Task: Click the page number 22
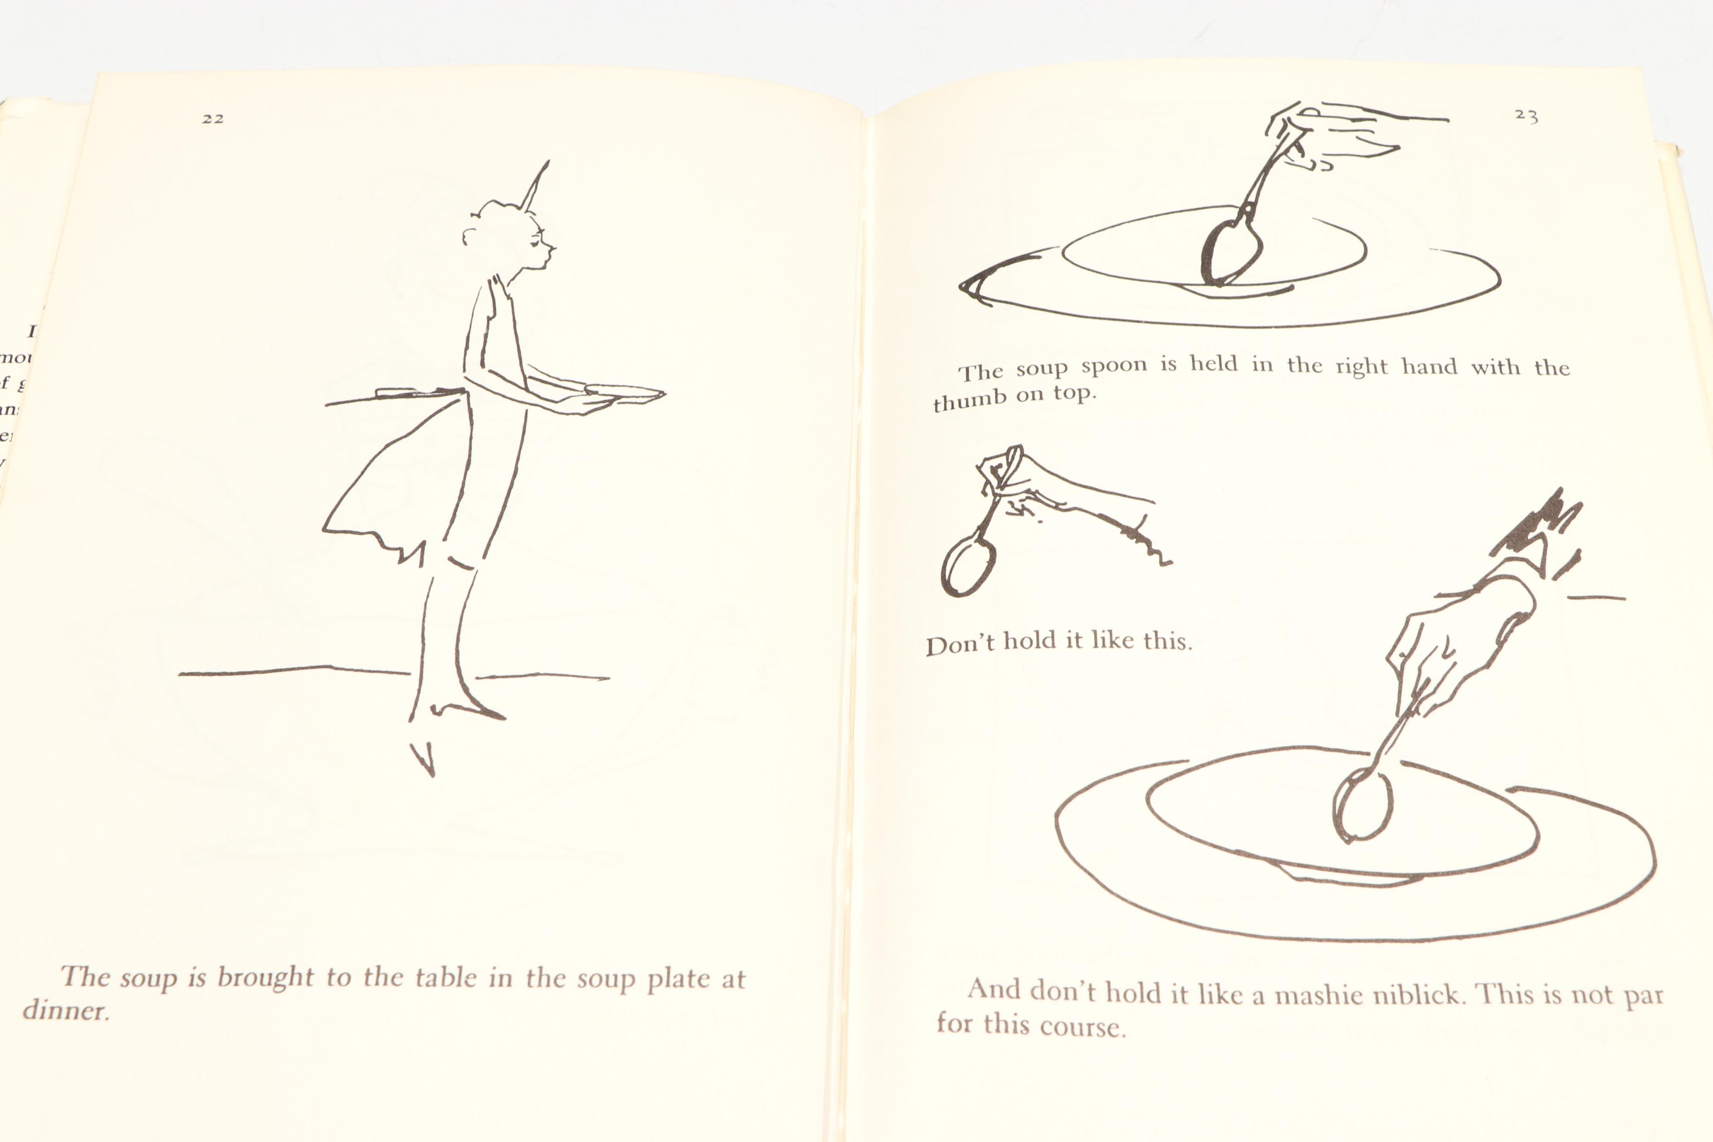point(213,119)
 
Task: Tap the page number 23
point(1526,115)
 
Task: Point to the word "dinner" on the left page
point(65,1010)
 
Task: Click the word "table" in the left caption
point(444,977)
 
